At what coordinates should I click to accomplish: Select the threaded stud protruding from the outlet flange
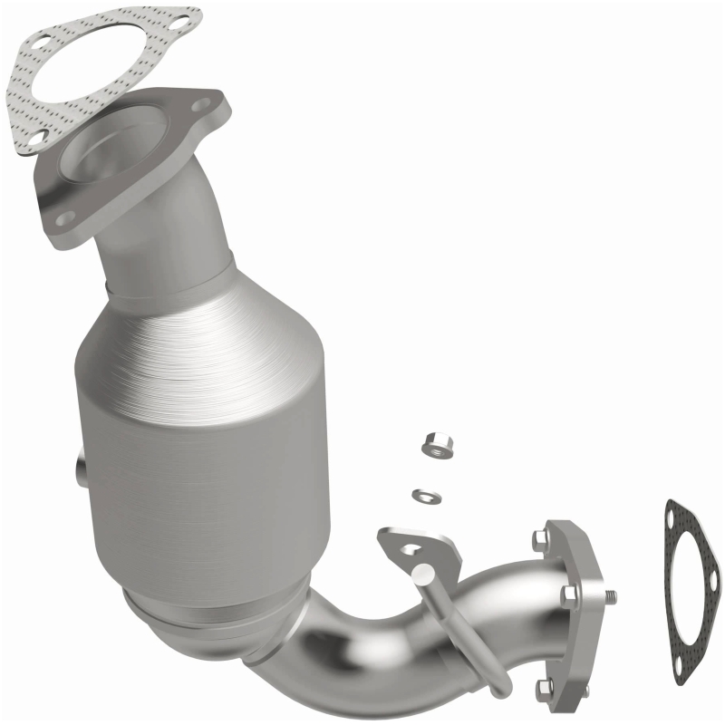(x=613, y=596)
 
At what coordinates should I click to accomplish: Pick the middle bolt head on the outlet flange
(x=569, y=594)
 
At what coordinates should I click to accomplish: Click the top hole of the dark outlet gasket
(x=672, y=518)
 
